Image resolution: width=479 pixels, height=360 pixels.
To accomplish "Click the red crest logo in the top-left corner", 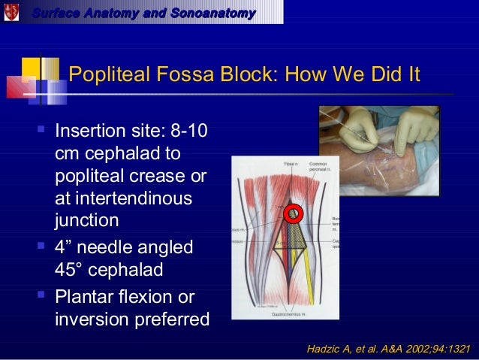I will [x=11, y=12].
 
